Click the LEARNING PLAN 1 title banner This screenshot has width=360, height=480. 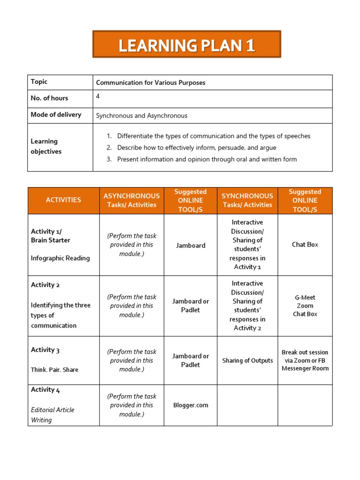(x=187, y=45)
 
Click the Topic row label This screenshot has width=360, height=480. (x=39, y=82)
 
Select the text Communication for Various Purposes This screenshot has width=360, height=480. (x=150, y=82)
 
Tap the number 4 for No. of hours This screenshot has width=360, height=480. (x=98, y=96)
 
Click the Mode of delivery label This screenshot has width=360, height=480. (x=56, y=114)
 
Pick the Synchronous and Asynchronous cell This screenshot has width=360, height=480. (x=142, y=115)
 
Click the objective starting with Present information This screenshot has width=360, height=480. (x=207, y=159)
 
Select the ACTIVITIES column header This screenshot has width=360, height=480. (x=63, y=200)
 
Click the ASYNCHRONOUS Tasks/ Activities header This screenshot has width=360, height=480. (x=131, y=200)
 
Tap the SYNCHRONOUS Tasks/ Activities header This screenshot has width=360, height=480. (x=247, y=200)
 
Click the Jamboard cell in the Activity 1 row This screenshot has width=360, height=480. (x=190, y=245)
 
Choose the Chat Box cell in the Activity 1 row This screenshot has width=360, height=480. (x=305, y=245)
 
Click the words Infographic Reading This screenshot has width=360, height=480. (x=60, y=258)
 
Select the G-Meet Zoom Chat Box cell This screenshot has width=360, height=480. (x=305, y=306)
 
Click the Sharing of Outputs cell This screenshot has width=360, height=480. (x=247, y=360)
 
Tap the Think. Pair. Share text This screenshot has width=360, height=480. (x=54, y=370)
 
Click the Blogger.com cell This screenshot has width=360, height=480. (x=190, y=405)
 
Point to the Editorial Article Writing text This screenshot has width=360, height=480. (x=52, y=415)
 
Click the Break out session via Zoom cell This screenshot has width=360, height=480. (x=305, y=360)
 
